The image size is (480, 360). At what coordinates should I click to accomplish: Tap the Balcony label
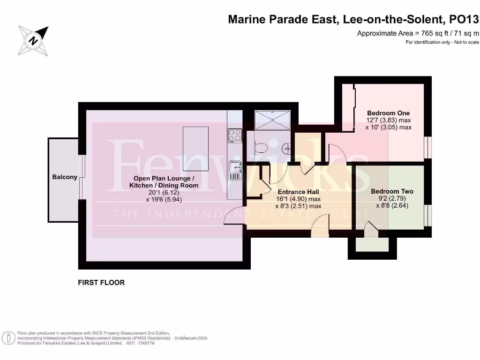[x=65, y=177]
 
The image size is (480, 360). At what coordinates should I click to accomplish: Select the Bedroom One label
[x=388, y=113]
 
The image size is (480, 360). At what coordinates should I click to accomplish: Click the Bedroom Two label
[x=392, y=191]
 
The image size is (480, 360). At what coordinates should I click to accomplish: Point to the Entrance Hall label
[x=299, y=192]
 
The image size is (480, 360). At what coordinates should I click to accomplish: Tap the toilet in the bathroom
[x=259, y=148]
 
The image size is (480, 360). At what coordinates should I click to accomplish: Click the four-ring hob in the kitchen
[x=234, y=135]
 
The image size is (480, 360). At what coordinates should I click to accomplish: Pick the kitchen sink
[x=234, y=170]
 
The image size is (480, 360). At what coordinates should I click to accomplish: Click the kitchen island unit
[x=195, y=150]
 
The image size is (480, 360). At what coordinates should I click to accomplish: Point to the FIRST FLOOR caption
[x=101, y=283]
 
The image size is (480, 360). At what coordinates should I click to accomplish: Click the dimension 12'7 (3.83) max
[x=388, y=120]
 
